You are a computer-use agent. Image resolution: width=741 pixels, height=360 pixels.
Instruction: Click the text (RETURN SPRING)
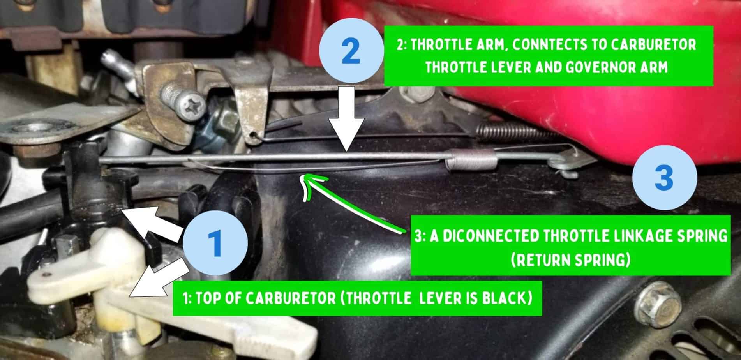point(570,260)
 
